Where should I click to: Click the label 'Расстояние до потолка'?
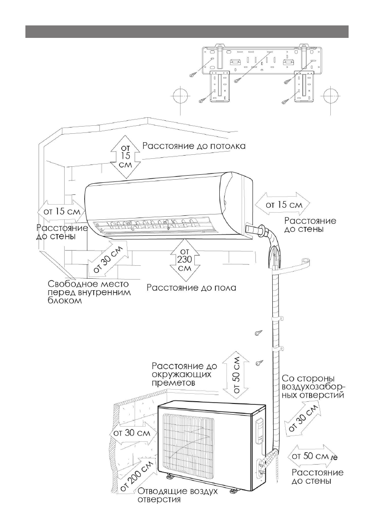tap(193, 146)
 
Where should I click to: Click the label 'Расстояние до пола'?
tap(192, 288)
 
